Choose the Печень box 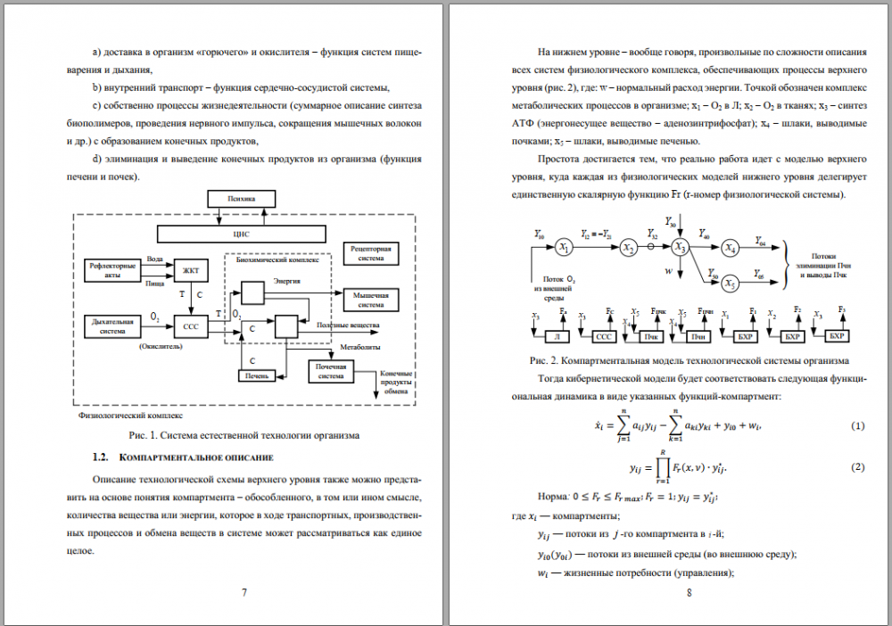[256, 376]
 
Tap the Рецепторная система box [369, 252]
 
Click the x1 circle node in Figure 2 [563, 246]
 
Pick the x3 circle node [681, 247]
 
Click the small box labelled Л [557, 336]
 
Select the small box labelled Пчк [653, 336]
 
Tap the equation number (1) [857, 425]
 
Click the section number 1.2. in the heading [99, 457]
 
